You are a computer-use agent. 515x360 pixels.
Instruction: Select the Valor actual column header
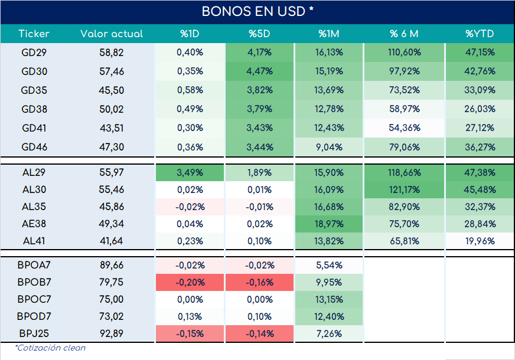tap(112, 34)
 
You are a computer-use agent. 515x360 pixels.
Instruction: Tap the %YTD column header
tap(480, 34)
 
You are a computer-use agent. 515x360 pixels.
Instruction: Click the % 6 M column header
tap(404, 34)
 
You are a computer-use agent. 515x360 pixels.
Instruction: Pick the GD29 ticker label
tap(34, 53)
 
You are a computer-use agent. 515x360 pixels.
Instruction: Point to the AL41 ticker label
tap(34, 241)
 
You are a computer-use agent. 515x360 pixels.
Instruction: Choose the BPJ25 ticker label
tap(34, 333)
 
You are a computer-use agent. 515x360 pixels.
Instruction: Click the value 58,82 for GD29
tap(112, 53)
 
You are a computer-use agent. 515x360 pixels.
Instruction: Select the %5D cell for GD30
tap(259, 71)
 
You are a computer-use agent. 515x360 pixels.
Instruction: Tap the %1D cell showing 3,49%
tap(190, 172)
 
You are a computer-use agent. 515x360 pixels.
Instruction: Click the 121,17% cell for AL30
tap(404, 189)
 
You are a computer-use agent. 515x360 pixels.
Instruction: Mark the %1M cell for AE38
tap(329, 224)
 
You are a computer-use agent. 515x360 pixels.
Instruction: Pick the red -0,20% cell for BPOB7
tap(190, 282)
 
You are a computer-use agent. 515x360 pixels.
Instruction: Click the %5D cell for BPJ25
tap(259, 333)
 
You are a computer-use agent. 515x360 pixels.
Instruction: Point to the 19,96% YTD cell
tap(480, 241)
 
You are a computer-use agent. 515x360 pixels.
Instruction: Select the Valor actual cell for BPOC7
tap(112, 299)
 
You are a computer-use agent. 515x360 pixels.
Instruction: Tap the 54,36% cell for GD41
tap(404, 128)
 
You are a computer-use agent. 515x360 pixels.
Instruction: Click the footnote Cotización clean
tap(50, 348)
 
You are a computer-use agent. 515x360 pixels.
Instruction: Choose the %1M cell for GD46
tap(329, 147)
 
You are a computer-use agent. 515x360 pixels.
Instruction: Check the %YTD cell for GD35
tap(480, 90)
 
